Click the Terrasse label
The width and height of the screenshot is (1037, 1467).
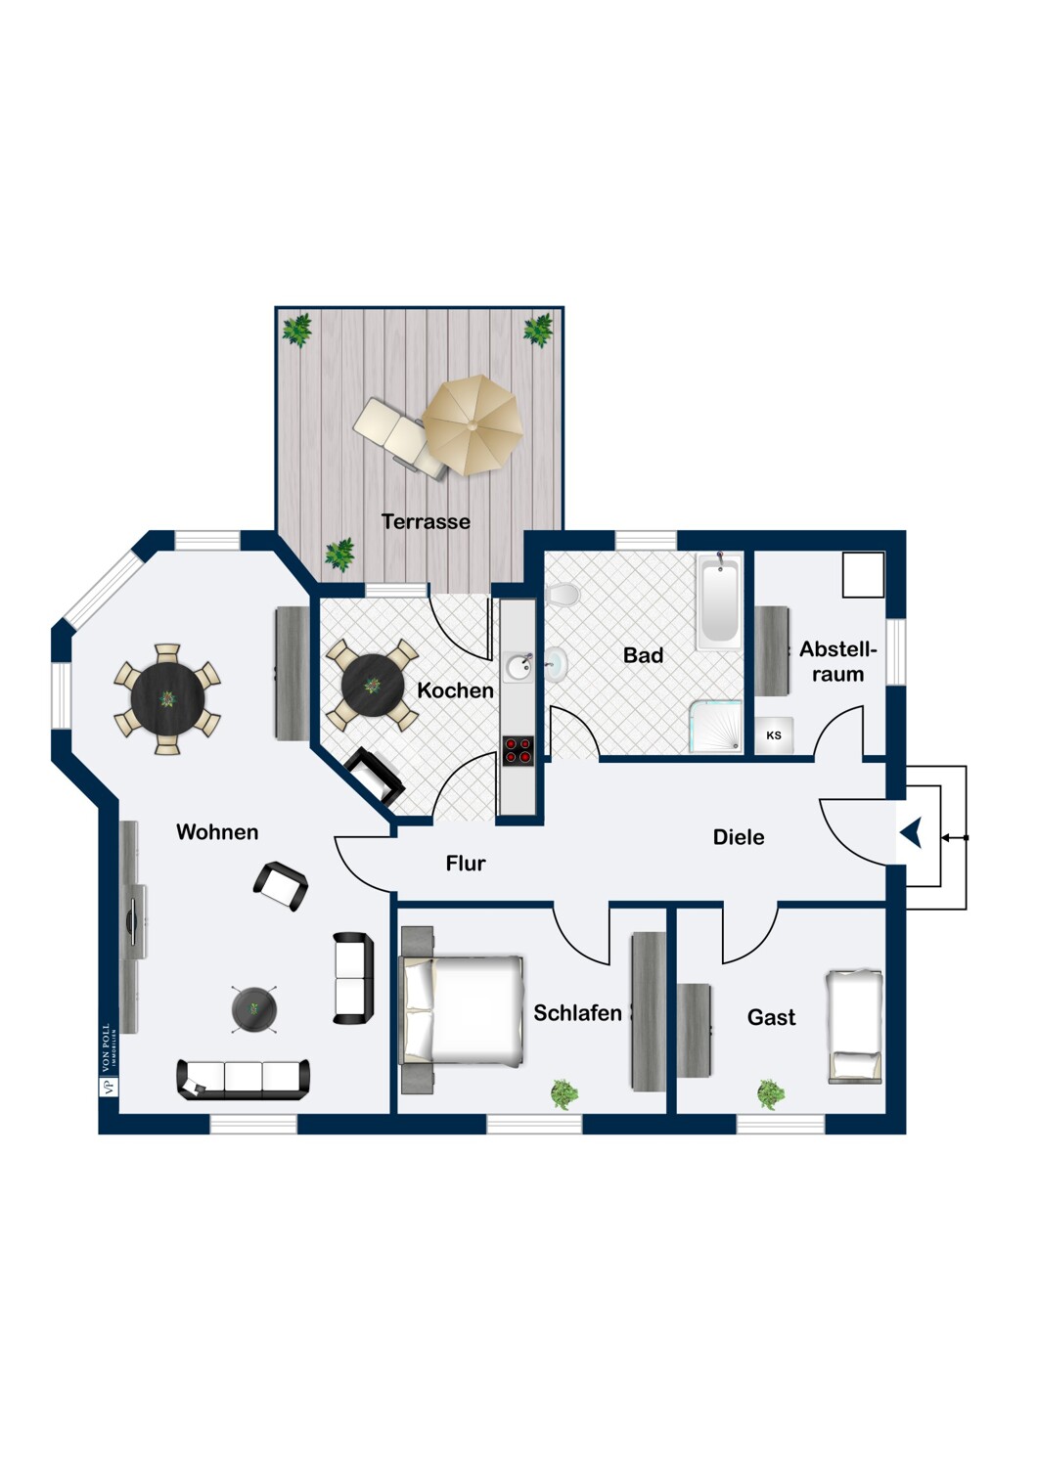tap(426, 521)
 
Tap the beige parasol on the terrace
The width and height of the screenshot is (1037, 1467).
tap(472, 424)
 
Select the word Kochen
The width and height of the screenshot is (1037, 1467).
tap(455, 690)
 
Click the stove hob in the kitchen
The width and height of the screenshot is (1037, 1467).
tap(518, 750)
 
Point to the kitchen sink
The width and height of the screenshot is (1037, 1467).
tap(518, 667)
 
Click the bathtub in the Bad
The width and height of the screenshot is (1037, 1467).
tap(719, 600)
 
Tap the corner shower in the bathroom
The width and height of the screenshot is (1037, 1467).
tap(716, 727)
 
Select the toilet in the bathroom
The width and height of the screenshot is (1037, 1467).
tap(562, 595)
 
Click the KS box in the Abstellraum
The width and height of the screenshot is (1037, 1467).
tap(774, 735)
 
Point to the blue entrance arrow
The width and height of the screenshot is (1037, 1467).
tap(912, 834)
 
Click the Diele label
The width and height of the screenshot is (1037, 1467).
tap(739, 837)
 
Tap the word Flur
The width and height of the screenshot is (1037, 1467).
tap(466, 864)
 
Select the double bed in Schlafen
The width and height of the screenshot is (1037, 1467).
tap(462, 1010)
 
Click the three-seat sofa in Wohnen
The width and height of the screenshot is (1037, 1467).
tap(243, 1079)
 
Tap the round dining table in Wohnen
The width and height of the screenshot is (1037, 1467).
tap(167, 699)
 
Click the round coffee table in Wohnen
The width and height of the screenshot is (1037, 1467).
tap(254, 1009)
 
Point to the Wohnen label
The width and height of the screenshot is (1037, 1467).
tap(217, 831)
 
